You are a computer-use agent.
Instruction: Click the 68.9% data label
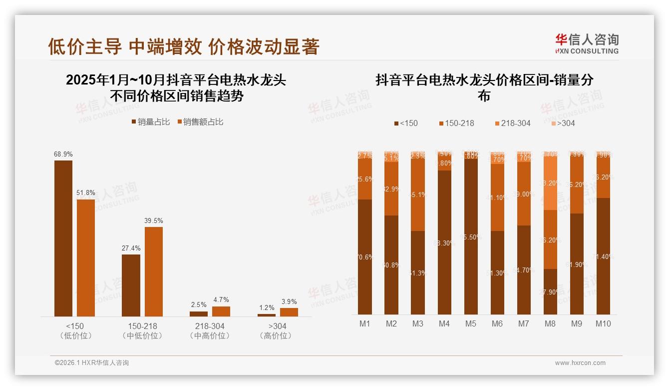(x=63, y=154)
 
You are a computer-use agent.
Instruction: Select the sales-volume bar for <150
(x=63, y=238)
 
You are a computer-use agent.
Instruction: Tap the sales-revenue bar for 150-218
(x=154, y=271)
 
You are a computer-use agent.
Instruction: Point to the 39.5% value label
(x=154, y=220)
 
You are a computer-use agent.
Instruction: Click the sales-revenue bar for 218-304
(x=221, y=311)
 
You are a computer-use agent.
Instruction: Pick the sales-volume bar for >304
(x=267, y=315)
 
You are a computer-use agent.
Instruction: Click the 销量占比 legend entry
(x=151, y=122)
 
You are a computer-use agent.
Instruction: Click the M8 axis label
(x=550, y=323)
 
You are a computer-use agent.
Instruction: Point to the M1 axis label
(x=365, y=323)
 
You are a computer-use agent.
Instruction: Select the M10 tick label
(x=603, y=323)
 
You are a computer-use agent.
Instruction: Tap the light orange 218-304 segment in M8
(x=550, y=183)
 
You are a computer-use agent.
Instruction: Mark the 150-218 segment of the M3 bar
(x=418, y=194)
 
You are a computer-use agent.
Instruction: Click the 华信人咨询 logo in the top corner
(x=587, y=43)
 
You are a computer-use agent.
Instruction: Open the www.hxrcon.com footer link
(x=580, y=363)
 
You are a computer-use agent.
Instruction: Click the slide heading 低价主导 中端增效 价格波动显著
(x=184, y=46)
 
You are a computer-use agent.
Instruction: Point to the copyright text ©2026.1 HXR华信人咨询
(x=92, y=363)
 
